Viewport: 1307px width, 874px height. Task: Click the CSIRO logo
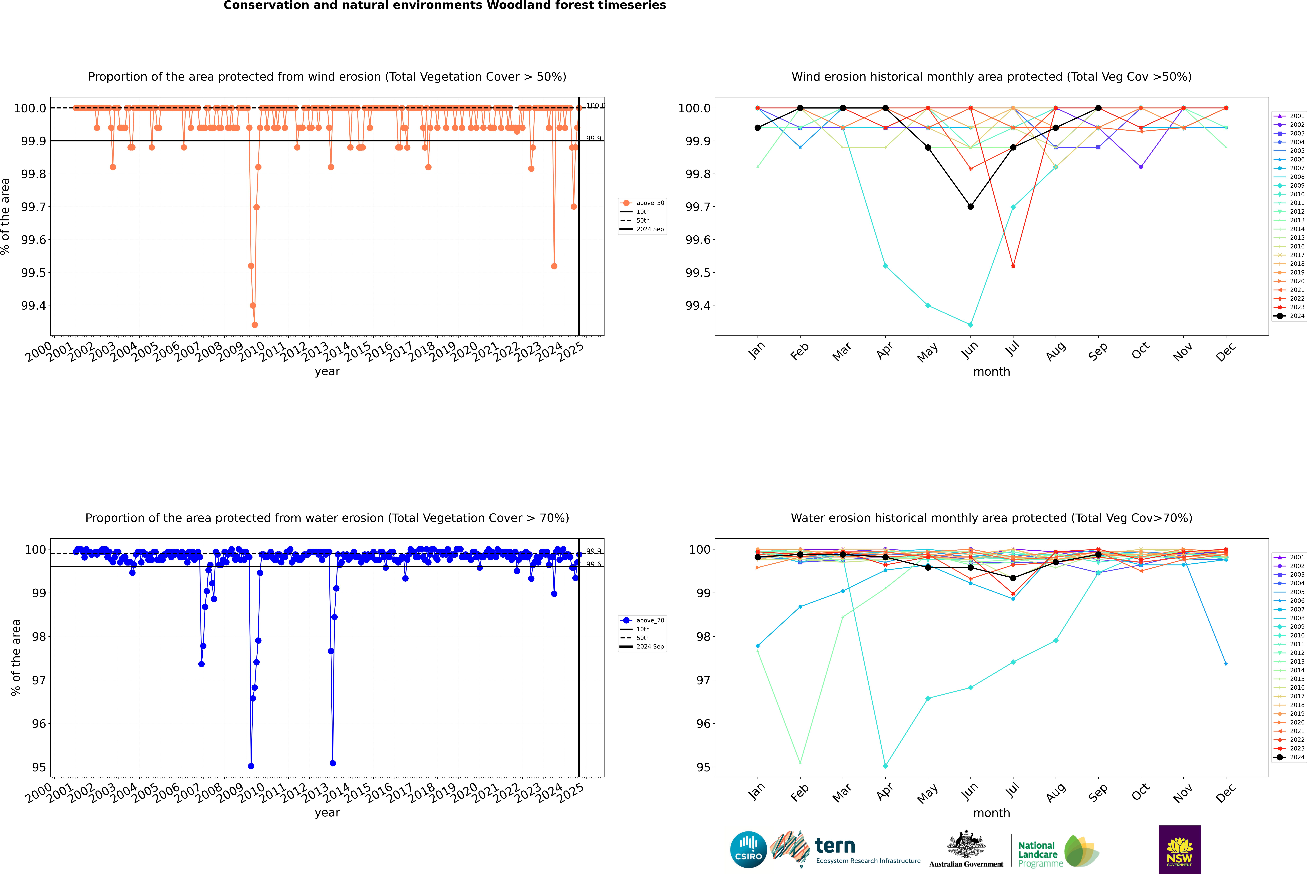point(748,850)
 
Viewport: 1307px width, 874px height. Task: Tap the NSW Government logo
point(1179,850)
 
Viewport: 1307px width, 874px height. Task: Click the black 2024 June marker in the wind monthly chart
point(970,207)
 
